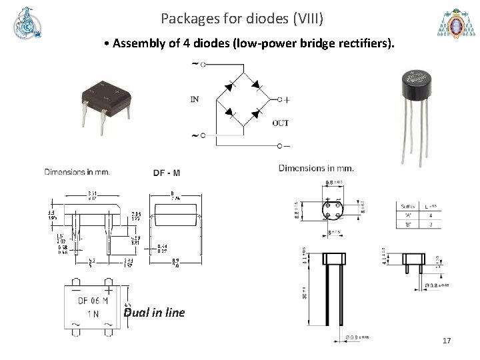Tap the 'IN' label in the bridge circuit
point(195,99)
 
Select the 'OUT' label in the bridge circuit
point(281,123)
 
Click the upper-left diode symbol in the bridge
point(230,85)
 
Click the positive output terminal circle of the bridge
point(280,99)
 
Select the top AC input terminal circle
point(202,65)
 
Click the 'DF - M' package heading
point(166,173)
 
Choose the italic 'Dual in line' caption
point(154,313)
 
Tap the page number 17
point(447,341)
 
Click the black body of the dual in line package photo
point(106,94)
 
